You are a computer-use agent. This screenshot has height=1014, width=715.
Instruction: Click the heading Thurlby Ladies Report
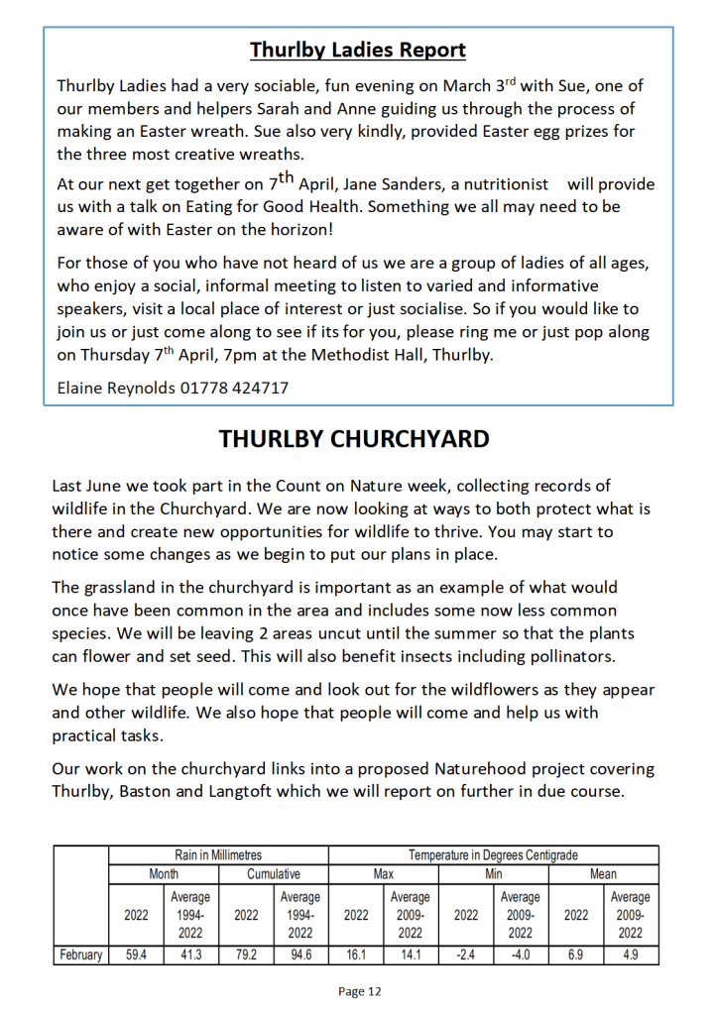pos(358,50)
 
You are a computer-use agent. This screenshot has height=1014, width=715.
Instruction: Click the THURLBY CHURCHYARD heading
pos(354,439)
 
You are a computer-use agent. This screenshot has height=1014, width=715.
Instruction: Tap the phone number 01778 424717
pos(234,388)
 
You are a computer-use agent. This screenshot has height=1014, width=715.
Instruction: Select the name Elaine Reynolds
pos(115,388)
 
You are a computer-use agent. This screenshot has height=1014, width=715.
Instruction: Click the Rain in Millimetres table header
pos(217,854)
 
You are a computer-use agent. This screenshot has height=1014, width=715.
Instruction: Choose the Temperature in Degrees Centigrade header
pos(493,854)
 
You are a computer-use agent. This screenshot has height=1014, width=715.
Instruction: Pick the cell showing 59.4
pos(136,956)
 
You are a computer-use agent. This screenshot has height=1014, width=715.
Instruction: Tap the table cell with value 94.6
pos(299,956)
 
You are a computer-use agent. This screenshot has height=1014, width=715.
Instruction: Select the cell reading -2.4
pos(465,956)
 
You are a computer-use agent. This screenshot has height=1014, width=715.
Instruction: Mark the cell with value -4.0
pos(520,956)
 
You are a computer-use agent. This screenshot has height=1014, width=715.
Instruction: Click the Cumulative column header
pos(273,874)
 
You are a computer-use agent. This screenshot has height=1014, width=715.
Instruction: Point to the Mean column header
pos(603,874)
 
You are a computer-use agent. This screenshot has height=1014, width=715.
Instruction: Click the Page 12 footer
pos(359,991)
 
